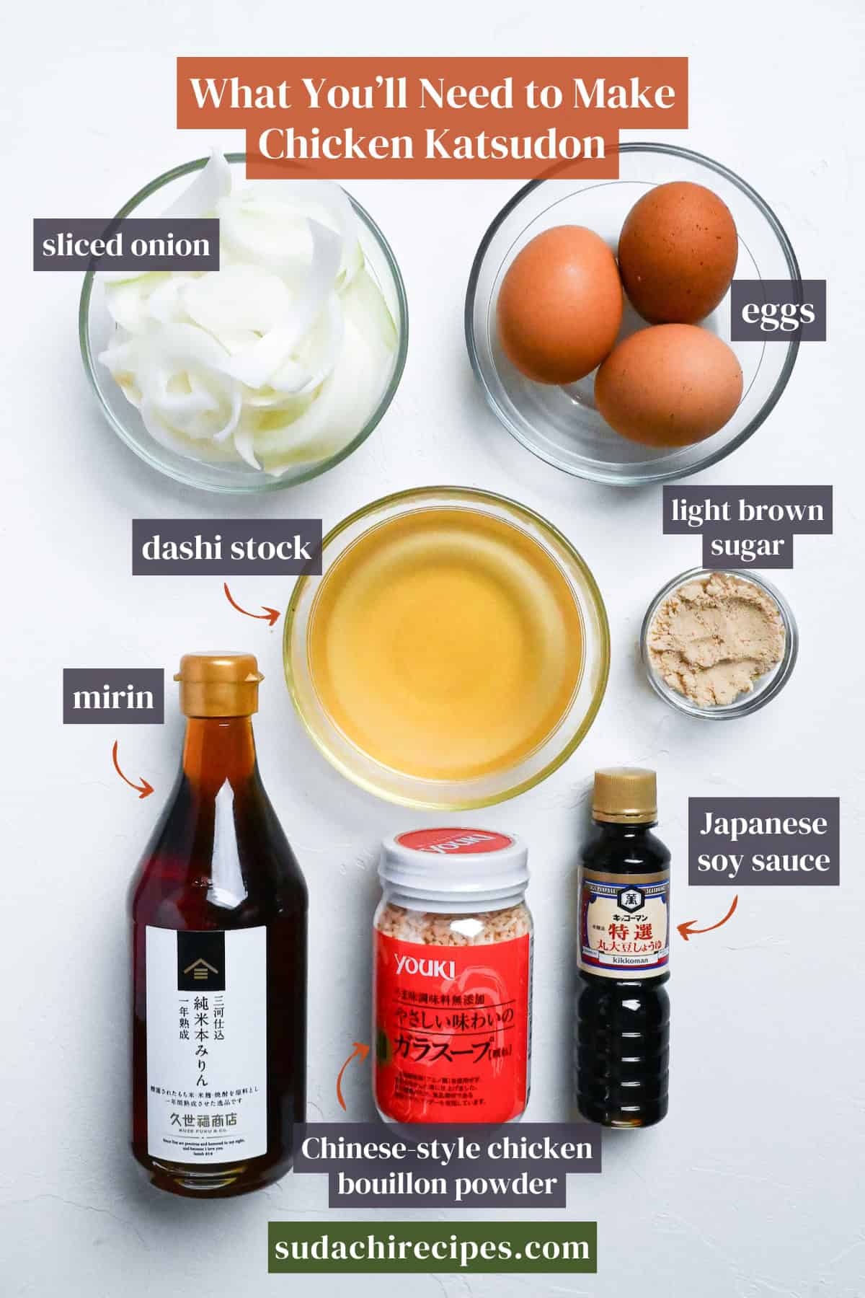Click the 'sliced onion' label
(x=126, y=246)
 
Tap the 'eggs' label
(x=777, y=312)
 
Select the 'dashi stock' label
(x=226, y=548)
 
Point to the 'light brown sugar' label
(x=748, y=528)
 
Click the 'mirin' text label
(x=113, y=697)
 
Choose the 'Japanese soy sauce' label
(x=763, y=842)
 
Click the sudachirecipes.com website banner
(x=432, y=1247)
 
